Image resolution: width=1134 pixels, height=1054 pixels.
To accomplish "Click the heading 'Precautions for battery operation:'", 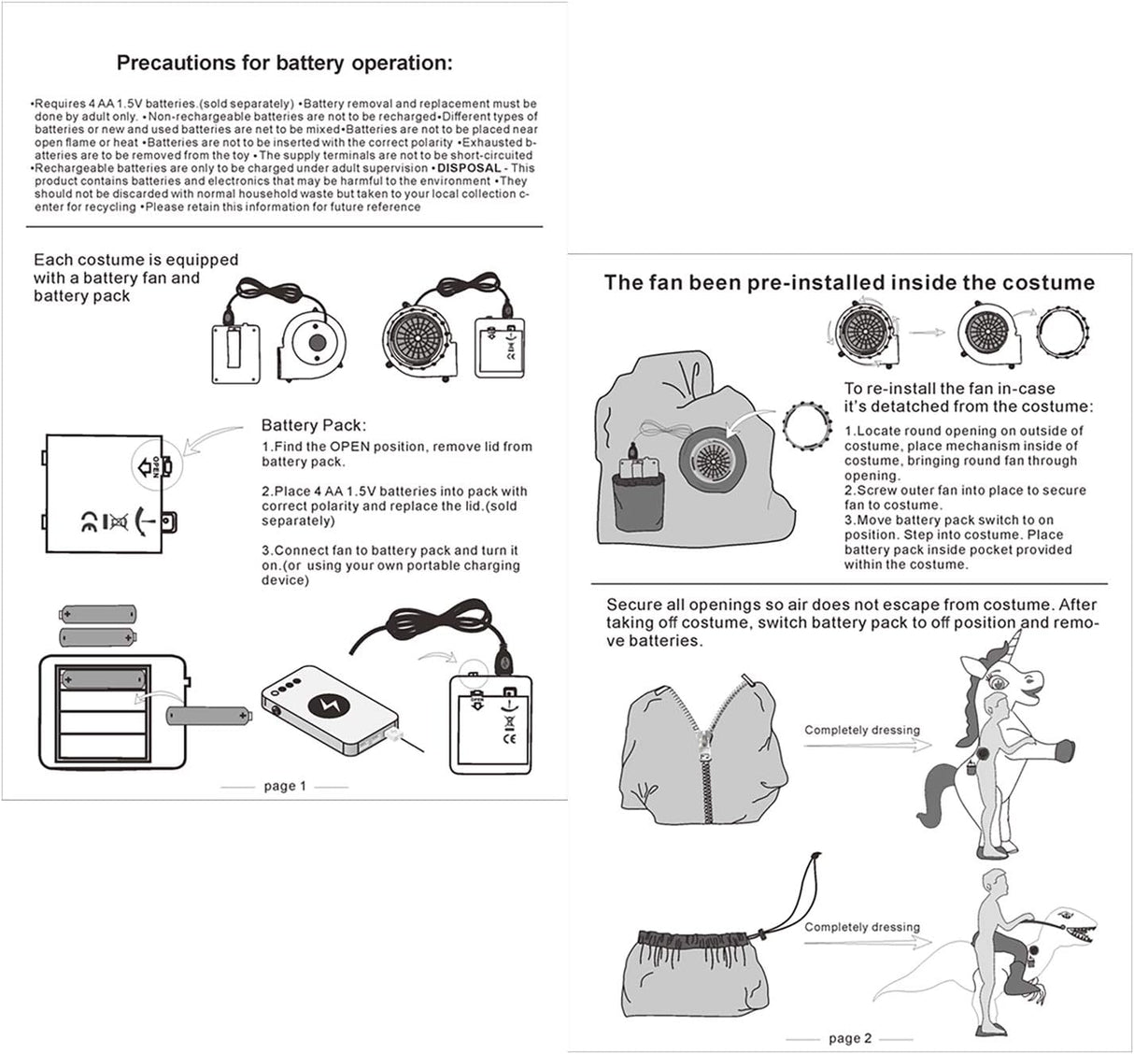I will (284, 64).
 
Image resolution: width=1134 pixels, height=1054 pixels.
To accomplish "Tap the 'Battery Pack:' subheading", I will (313, 425).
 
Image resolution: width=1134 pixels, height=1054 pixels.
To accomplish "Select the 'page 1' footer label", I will (284, 786).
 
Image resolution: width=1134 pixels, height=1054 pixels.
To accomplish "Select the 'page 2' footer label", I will (849, 1038).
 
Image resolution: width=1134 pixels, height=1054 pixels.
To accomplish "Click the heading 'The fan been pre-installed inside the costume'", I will (849, 282).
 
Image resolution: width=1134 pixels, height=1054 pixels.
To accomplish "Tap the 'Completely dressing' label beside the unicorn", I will (861, 730).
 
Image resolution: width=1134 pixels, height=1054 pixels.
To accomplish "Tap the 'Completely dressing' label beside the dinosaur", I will (861, 927).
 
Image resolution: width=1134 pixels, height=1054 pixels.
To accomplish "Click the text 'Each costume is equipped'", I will (136, 260).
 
